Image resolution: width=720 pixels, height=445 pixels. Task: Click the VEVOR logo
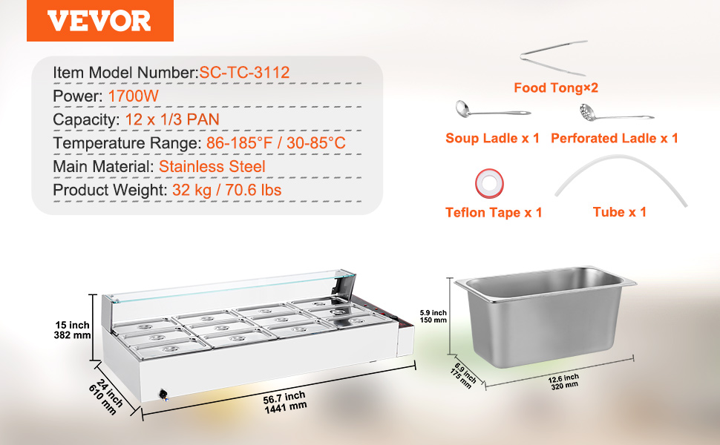tap(99, 21)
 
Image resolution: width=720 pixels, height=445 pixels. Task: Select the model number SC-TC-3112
tap(244, 73)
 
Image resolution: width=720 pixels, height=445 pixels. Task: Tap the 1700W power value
tap(133, 96)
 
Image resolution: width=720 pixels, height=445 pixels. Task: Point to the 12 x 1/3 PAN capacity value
tap(172, 119)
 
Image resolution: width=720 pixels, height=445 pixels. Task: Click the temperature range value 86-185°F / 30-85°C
tap(275, 143)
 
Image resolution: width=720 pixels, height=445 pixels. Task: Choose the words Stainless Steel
tap(212, 167)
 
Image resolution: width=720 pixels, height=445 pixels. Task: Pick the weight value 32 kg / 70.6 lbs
tap(227, 190)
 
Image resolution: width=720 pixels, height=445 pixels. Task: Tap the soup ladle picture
tap(492, 110)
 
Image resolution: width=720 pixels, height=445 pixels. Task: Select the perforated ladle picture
tap(615, 113)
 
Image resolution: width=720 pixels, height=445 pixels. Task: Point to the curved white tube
tap(621, 159)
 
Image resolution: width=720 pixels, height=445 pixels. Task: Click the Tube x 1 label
tap(620, 212)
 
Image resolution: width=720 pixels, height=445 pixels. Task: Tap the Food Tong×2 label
tap(556, 88)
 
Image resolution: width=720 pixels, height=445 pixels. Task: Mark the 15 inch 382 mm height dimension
tap(72, 330)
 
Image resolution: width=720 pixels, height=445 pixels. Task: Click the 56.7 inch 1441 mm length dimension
tap(285, 402)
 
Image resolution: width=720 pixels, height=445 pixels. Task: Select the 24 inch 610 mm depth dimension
tap(106, 396)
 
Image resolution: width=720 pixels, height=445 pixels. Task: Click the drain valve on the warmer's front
tap(163, 395)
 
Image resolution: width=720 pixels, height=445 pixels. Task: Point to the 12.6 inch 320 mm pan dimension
tap(564, 381)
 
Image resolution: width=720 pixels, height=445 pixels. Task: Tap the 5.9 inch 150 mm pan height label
tap(433, 316)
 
